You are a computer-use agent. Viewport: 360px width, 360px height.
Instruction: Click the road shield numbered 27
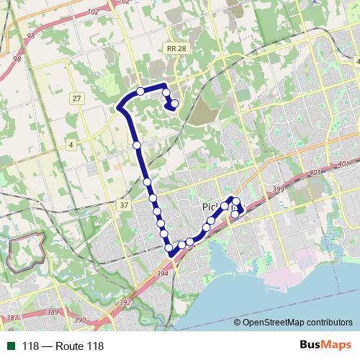coord(77,97)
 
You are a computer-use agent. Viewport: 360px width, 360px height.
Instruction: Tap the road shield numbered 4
coord(71,145)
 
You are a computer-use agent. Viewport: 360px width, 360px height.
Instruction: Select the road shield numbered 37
coord(124,205)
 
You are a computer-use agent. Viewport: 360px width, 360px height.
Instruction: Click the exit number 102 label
coord(93,12)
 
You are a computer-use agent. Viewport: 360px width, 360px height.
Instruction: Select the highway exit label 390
coord(79,320)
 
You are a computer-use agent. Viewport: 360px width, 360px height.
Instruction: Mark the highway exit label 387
coord(12,318)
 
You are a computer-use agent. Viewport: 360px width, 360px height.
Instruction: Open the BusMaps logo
coord(325,346)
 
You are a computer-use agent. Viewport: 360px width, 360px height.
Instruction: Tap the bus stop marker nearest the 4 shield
coord(137,145)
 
